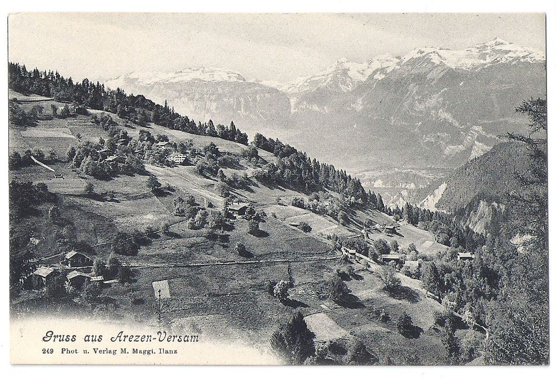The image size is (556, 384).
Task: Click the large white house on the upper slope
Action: (177, 157)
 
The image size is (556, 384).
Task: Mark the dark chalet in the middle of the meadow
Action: (239, 209)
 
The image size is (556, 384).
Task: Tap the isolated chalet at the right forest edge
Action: (465, 256)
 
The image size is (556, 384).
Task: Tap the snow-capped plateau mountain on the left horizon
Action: (183, 75)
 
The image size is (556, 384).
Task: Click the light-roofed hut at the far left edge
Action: (43, 272)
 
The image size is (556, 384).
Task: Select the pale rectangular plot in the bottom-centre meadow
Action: (325, 326)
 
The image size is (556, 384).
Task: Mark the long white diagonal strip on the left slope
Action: (42, 164)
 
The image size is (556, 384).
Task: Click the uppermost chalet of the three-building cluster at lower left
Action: (77, 257)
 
